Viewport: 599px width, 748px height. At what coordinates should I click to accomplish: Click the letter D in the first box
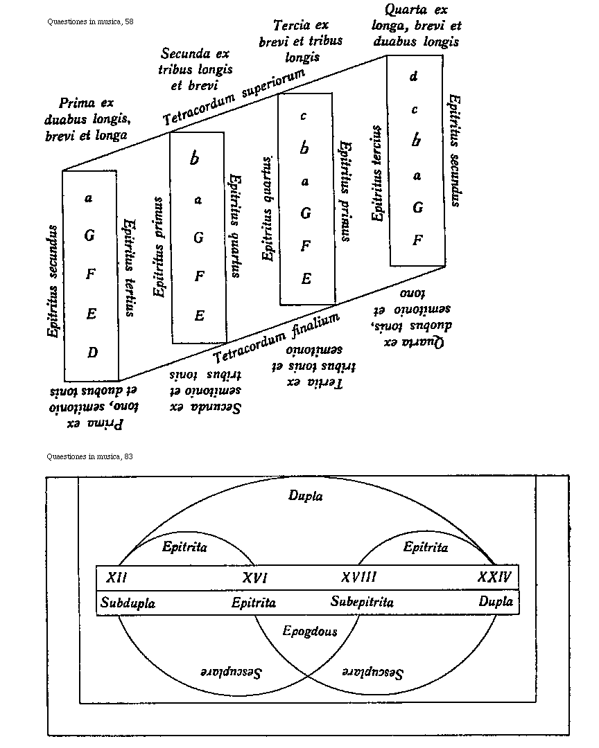point(93,353)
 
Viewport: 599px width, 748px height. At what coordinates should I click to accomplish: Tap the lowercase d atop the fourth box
point(414,76)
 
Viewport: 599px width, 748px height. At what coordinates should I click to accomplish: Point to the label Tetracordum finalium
point(277,338)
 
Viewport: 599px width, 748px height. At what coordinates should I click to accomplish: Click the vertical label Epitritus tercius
point(377,174)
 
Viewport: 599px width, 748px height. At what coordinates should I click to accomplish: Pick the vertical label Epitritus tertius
point(129,268)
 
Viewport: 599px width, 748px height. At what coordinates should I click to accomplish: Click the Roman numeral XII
point(116,577)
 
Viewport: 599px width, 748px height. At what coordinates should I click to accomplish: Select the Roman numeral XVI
point(254,578)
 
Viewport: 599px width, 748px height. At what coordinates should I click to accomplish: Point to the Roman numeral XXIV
point(494,577)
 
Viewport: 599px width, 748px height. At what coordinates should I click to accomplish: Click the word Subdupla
point(128,603)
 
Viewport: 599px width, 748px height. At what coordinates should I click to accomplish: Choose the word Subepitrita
point(362,602)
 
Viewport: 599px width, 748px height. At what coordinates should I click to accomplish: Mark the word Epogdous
point(310,631)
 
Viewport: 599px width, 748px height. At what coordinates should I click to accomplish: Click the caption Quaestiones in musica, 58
point(90,21)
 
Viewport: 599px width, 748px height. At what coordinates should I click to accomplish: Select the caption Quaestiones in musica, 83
point(90,456)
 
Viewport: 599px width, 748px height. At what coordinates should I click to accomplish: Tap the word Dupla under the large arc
point(305,496)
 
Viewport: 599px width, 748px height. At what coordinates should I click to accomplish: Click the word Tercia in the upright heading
point(291,26)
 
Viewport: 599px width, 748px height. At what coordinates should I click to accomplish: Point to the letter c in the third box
point(304,116)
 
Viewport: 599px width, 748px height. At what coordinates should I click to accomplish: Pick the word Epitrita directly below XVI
point(254,603)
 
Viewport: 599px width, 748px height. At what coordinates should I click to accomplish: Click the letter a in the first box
point(89,198)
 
